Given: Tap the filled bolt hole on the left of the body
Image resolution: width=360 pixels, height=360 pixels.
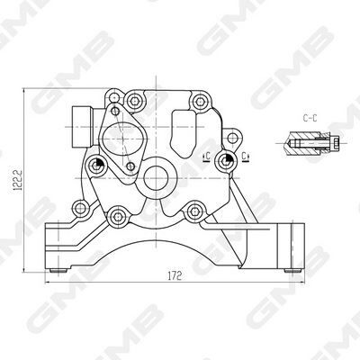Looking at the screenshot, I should (x=95, y=161).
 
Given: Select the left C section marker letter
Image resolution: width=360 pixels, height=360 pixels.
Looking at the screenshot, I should (x=207, y=158).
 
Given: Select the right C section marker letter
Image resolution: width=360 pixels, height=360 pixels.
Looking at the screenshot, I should (x=245, y=158).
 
